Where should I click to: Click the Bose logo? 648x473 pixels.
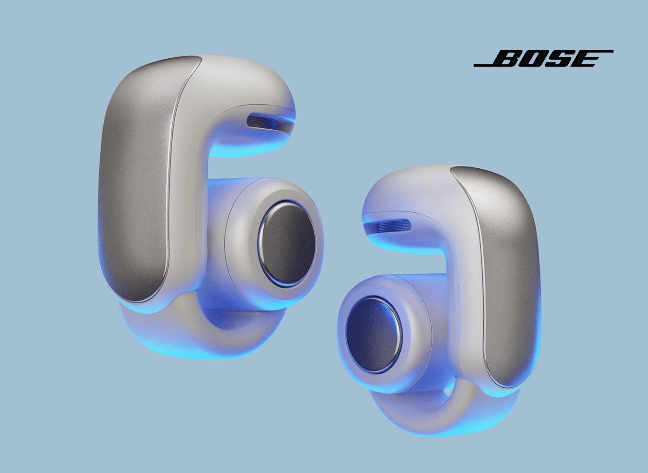pos(543,58)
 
